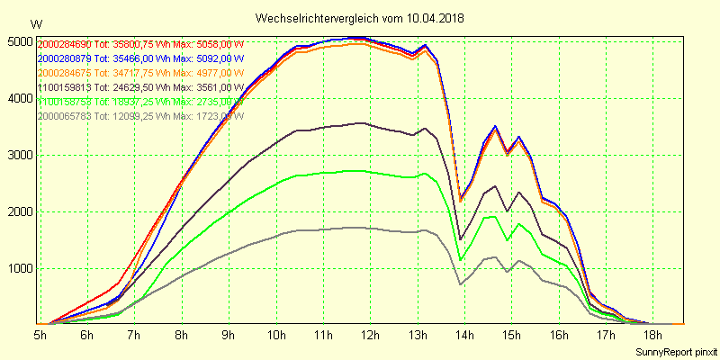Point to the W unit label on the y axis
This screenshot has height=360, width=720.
point(35,23)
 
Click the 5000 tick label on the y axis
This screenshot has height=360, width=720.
point(18,41)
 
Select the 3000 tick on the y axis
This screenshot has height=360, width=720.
point(18,155)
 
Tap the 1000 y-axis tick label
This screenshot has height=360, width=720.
point(18,268)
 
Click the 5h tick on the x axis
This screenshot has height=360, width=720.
point(40,335)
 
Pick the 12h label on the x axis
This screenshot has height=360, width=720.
point(370,335)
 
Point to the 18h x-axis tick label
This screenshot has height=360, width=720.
point(652,335)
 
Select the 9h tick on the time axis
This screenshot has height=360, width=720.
point(229,335)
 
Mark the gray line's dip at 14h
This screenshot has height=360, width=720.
point(461,284)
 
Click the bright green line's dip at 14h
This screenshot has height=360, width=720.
point(461,260)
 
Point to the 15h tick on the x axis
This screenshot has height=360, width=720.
point(511,335)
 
